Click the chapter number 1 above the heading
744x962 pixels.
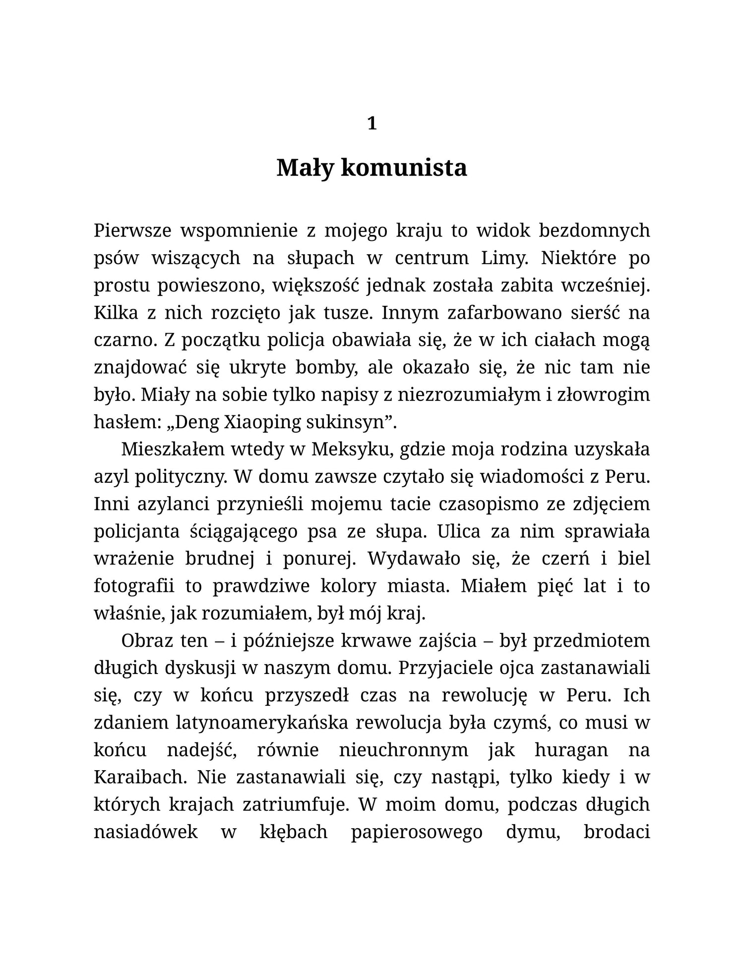point(372,123)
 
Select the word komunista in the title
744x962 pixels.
point(404,168)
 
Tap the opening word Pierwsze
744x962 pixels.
point(132,230)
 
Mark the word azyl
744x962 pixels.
point(111,477)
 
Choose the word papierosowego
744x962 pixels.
point(417,832)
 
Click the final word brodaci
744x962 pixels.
point(617,832)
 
